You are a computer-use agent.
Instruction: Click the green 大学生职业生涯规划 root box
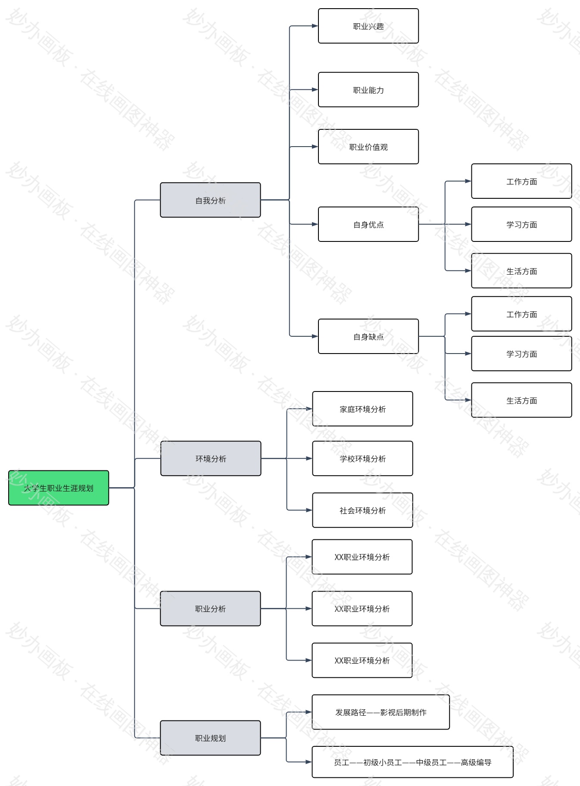point(59,488)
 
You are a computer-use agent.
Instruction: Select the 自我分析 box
point(210,200)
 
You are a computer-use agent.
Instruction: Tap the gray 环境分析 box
point(211,458)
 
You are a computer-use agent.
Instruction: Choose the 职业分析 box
point(210,608)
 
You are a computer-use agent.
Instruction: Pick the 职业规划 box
point(210,738)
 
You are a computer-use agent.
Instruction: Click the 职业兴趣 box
point(368,26)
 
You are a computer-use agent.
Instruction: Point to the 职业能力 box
point(368,90)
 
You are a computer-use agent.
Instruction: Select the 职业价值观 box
point(368,147)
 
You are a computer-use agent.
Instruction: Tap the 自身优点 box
point(368,224)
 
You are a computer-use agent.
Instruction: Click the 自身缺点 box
point(368,336)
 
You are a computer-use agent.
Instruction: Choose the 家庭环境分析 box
point(362,409)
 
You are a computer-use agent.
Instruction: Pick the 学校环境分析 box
point(362,458)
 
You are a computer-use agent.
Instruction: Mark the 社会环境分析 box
point(362,510)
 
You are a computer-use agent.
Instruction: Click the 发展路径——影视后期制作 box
point(380,712)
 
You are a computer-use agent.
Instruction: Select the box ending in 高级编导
point(412,762)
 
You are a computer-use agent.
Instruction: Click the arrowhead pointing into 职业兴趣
point(315,26)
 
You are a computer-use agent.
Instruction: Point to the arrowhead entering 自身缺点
point(315,336)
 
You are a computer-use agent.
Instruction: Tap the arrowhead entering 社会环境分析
point(309,510)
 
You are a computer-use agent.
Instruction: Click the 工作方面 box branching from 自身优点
point(521,181)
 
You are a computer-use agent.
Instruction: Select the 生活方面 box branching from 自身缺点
point(521,400)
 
